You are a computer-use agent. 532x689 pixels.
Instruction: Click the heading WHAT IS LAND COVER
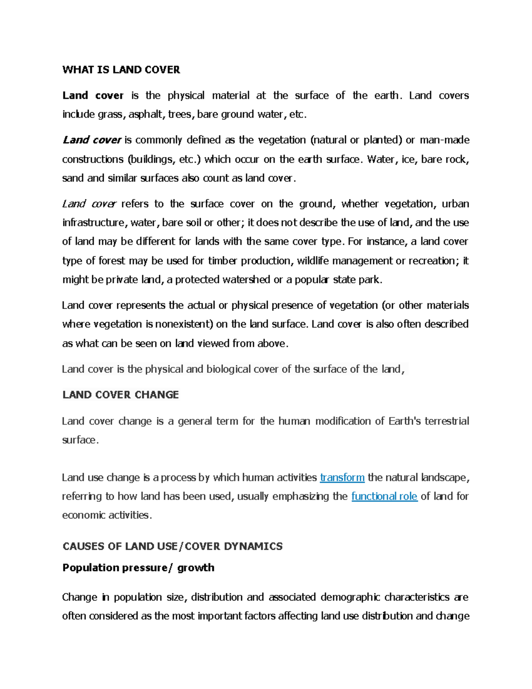[121, 70]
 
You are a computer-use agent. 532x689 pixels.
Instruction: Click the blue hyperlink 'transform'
[342, 477]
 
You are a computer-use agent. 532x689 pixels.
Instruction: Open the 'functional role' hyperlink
[384, 496]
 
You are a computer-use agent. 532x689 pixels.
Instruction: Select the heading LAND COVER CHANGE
[121, 395]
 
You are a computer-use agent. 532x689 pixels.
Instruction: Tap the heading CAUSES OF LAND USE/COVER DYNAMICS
[172, 546]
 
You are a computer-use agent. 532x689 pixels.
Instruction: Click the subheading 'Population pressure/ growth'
[138, 567]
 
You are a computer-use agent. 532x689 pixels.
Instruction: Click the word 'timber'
[223, 260]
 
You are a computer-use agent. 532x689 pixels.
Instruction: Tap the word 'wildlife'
[313, 260]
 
